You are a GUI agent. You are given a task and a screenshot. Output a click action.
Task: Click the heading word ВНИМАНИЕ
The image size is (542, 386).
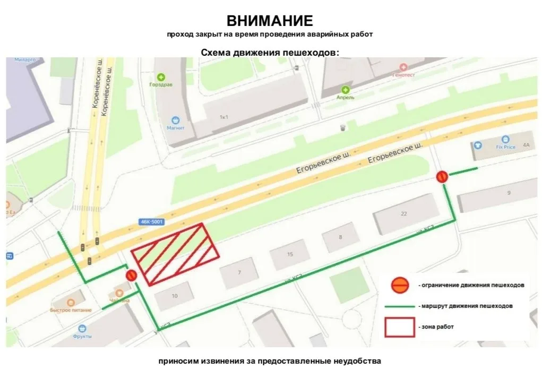[x=270, y=21]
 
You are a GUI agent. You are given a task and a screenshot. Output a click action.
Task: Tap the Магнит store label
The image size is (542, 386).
[x=176, y=128]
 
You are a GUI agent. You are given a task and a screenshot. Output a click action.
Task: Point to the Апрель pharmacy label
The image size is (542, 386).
[x=346, y=97]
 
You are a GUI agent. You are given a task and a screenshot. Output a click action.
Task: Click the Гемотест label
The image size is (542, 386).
[x=403, y=75]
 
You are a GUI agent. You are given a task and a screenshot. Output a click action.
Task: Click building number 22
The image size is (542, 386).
[x=403, y=213]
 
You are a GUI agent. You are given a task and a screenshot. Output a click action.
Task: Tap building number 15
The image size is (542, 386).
[x=290, y=254]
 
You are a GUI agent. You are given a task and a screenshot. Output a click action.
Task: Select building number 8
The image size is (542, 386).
[x=340, y=237]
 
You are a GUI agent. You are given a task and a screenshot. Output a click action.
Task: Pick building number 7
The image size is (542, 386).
[x=239, y=272]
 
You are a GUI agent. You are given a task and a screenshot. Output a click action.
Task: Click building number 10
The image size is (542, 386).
[x=175, y=295]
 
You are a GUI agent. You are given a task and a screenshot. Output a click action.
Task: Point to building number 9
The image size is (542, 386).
[x=509, y=193]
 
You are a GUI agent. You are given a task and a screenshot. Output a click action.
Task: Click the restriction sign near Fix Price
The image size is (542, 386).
[x=442, y=177]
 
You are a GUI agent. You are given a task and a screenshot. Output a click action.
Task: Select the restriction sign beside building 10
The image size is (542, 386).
[x=132, y=275]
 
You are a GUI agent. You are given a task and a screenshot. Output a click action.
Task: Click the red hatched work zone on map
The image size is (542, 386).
[x=175, y=254]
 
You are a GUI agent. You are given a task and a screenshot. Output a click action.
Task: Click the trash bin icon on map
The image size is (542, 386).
[x=343, y=127]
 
